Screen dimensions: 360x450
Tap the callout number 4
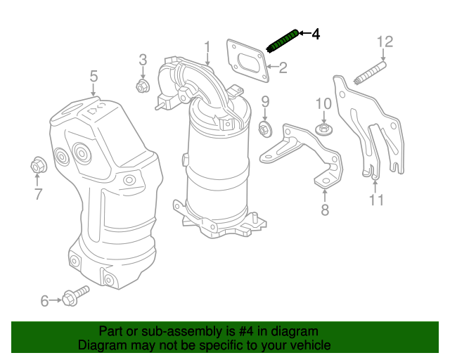tap(316, 33)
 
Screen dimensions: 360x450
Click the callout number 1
tap(207, 47)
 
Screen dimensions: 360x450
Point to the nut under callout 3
tap(141, 87)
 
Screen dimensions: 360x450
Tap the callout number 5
tap(93, 75)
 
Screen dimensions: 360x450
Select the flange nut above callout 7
tap(37, 166)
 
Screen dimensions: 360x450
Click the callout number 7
tap(38, 194)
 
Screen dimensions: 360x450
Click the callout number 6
tap(44, 301)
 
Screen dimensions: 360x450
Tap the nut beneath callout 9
tap(266, 129)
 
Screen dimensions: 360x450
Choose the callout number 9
tap(266, 102)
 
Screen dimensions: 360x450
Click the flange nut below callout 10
tap(323, 130)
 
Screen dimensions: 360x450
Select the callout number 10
tap(323, 103)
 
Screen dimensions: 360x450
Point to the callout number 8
tap(324, 210)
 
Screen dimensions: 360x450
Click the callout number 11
tap(376, 201)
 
